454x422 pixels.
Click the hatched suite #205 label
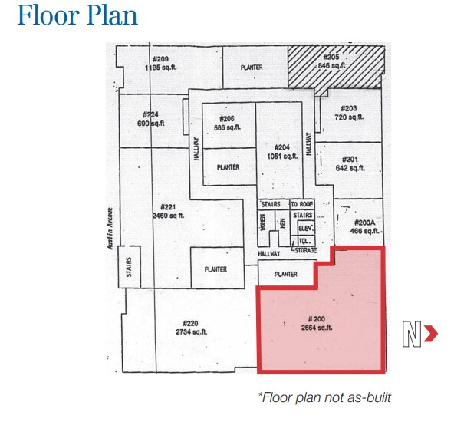331,58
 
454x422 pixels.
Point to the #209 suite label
160,59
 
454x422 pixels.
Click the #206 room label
226,118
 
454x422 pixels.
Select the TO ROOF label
302,205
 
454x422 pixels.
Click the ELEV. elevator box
305,227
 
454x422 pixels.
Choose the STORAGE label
304,250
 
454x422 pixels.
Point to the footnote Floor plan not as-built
325,397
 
